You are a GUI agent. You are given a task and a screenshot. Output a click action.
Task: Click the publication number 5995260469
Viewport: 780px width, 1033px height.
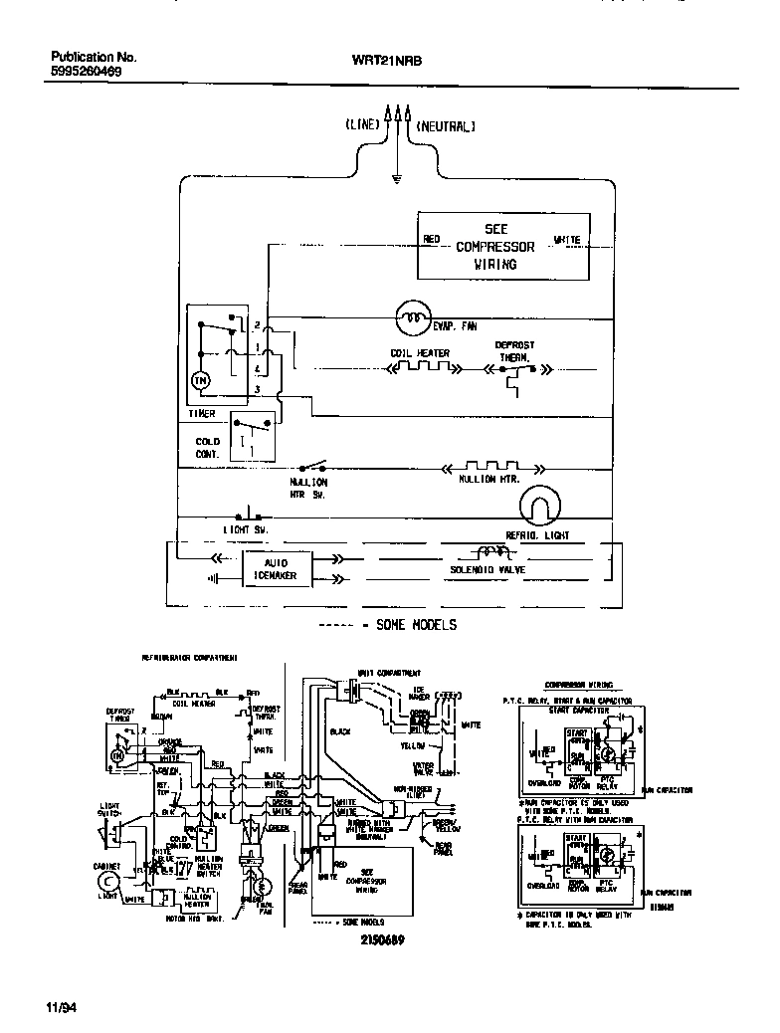pos(87,73)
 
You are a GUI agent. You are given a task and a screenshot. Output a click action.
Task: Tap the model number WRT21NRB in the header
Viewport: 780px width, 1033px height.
pos(387,60)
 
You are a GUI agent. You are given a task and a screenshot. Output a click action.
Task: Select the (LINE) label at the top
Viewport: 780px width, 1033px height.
pos(362,126)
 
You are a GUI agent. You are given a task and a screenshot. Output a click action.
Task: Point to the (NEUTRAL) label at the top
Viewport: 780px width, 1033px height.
pos(446,126)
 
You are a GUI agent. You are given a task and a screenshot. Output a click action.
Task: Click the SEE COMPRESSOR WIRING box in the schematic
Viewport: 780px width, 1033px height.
pos(501,246)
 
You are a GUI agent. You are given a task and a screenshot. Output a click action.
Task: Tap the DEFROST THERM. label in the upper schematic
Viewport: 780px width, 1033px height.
pos(514,350)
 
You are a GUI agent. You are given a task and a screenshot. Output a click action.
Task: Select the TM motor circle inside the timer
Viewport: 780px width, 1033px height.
pos(200,381)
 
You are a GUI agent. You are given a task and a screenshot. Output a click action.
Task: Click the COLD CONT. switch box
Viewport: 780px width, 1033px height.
pos(252,435)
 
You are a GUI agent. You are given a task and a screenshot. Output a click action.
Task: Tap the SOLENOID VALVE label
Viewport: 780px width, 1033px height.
pos(488,573)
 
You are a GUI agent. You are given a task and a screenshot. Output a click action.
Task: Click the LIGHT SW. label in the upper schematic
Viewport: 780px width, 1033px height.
pos(245,529)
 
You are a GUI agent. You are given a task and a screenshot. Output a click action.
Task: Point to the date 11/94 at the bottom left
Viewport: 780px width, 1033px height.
pos(61,1007)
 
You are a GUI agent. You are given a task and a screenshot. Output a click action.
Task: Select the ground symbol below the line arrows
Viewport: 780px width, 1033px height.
pos(396,180)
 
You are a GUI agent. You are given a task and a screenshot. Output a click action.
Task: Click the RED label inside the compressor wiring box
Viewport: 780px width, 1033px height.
pos(431,239)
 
